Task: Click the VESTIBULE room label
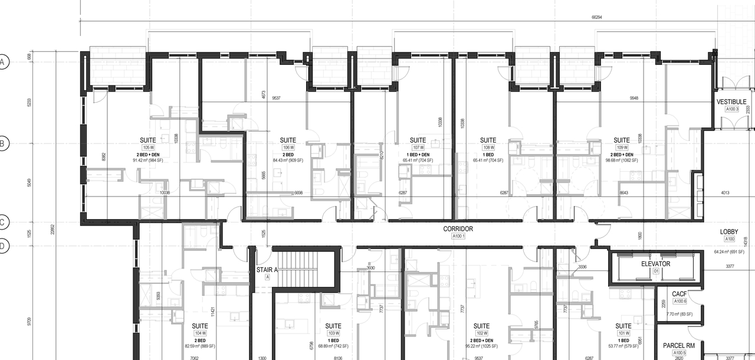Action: pos(731,102)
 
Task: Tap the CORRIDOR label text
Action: pos(458,229)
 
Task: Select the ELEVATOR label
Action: pos(655,264)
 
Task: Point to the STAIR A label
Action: pos(267,270)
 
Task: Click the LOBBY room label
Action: pos(730,231)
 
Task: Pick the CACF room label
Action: pos(679,294)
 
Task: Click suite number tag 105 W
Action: pos(147,148)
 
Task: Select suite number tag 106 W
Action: pos(288,148)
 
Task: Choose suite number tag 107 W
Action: pos(418,148)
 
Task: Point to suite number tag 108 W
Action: pos(488,148)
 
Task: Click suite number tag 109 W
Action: pos(622,148)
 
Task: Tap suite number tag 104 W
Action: pos(200,333)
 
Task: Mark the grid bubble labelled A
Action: pos(4,62)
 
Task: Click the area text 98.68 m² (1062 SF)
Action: pos(622,160)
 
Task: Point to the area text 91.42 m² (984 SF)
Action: pos(147,160)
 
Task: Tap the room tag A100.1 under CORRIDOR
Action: pos(458,236)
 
